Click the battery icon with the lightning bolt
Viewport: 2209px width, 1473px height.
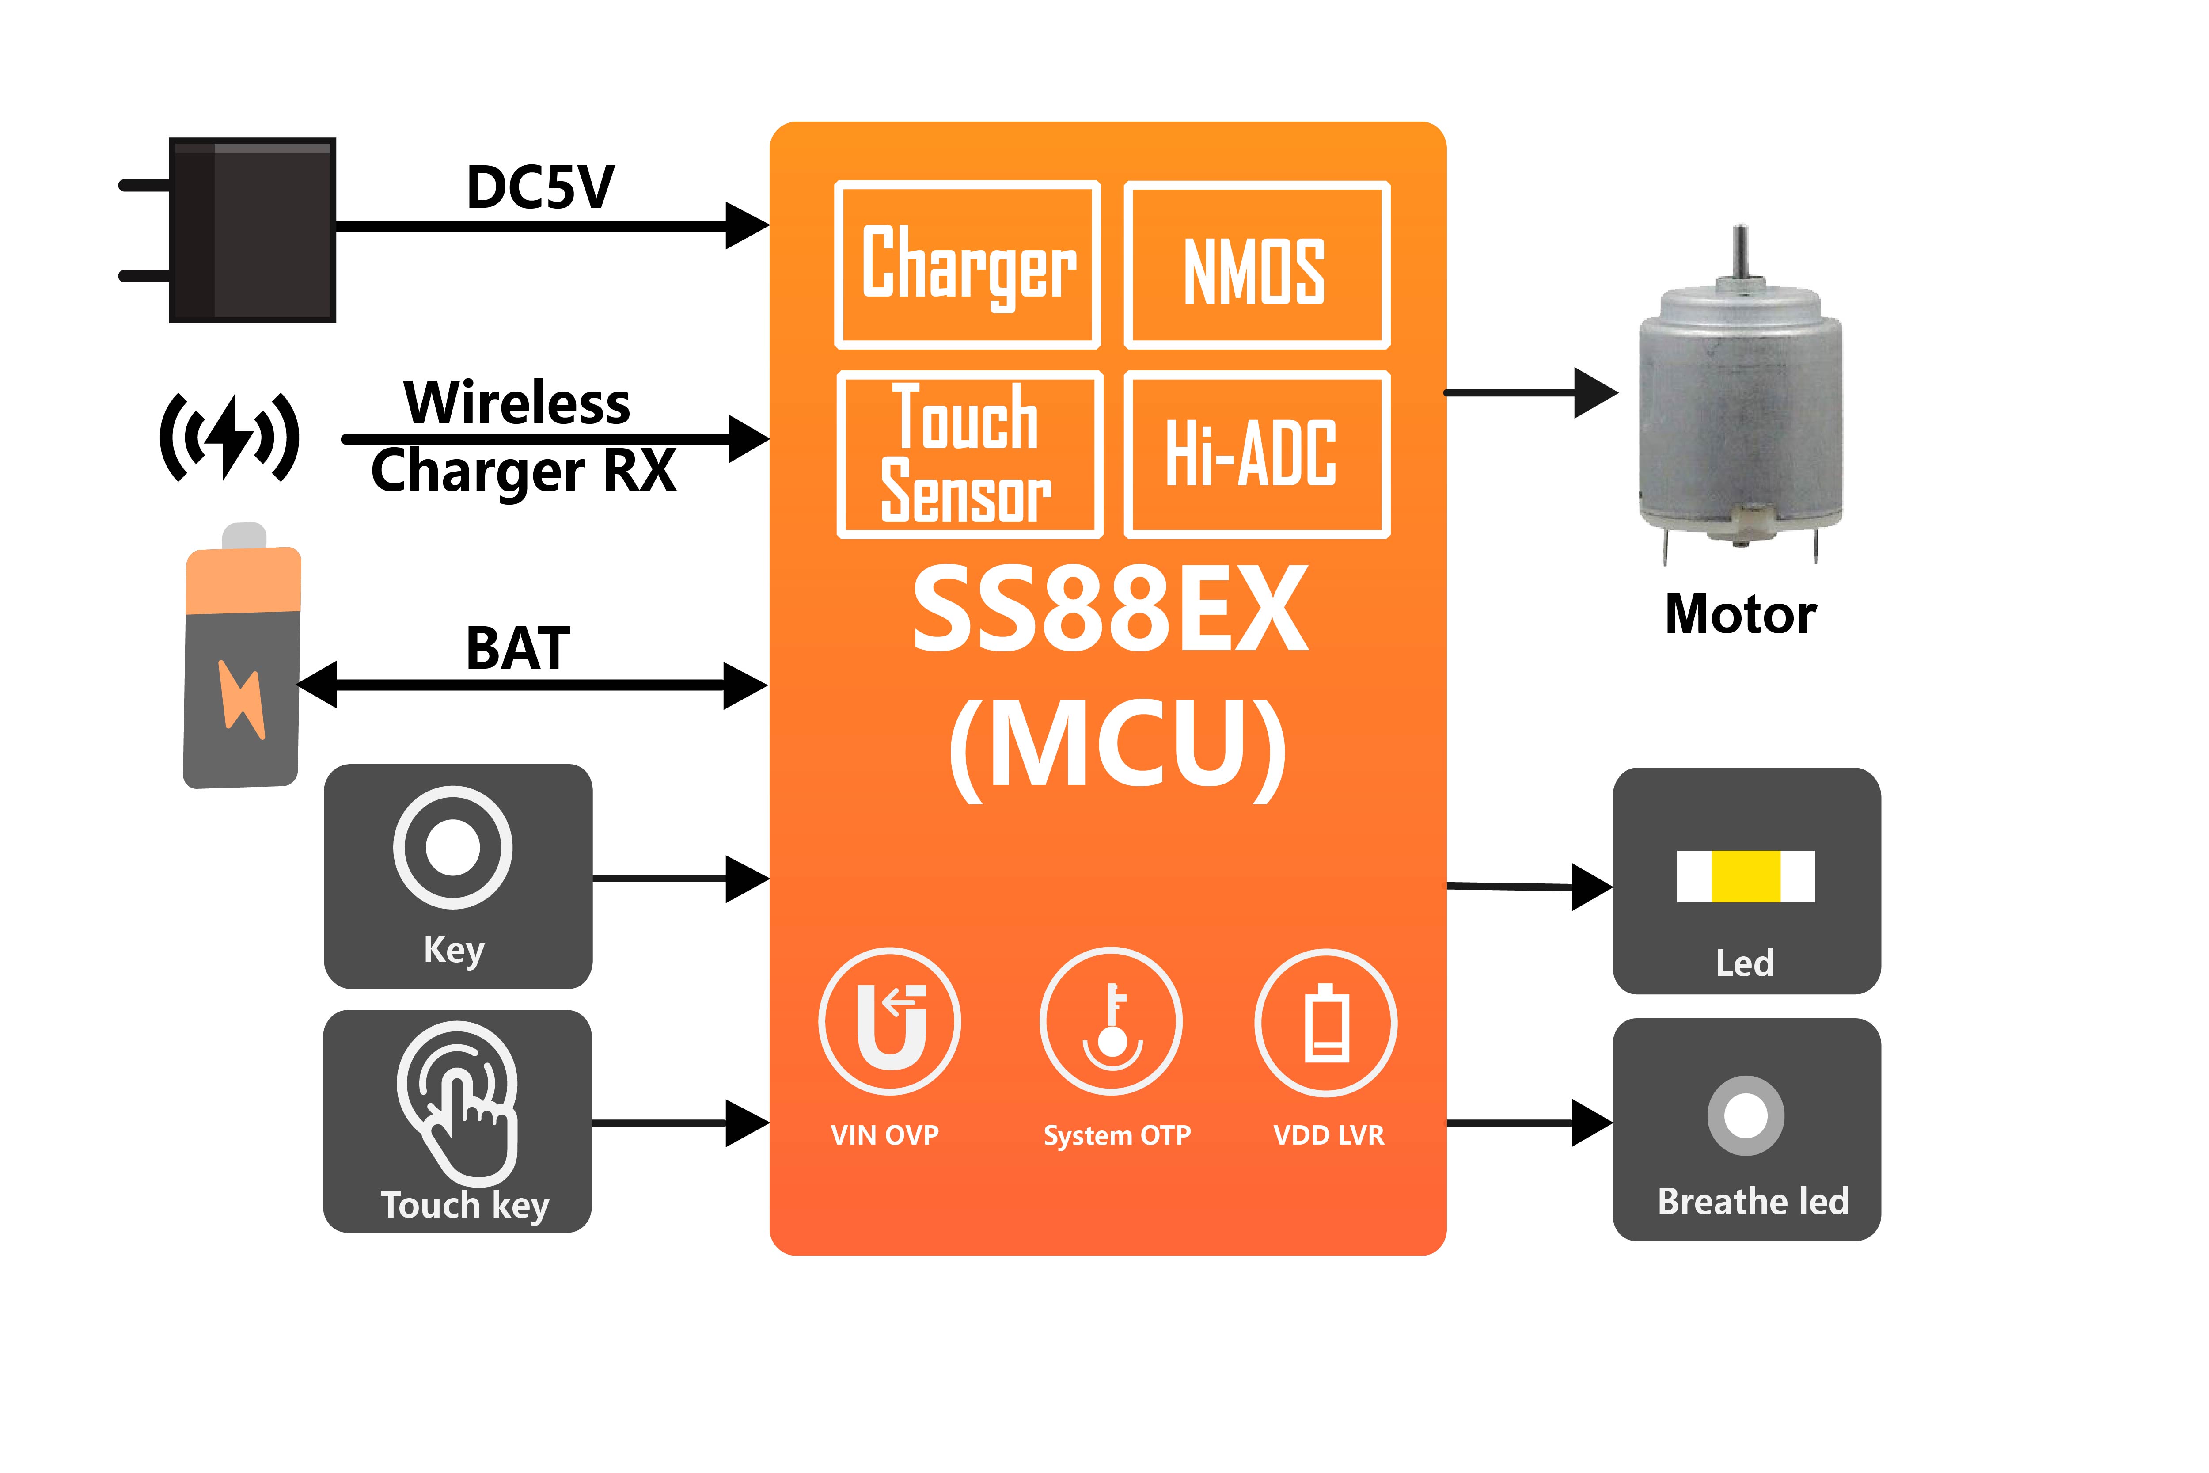pyautogui.click(x=242, y=662)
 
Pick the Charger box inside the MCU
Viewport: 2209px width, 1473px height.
pyautogui.click(x=968, y=265)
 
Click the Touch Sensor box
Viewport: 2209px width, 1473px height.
pyautogui.click(x=968, y=455)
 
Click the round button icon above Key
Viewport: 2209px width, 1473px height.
pyautogui.click(x=453, y=847)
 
